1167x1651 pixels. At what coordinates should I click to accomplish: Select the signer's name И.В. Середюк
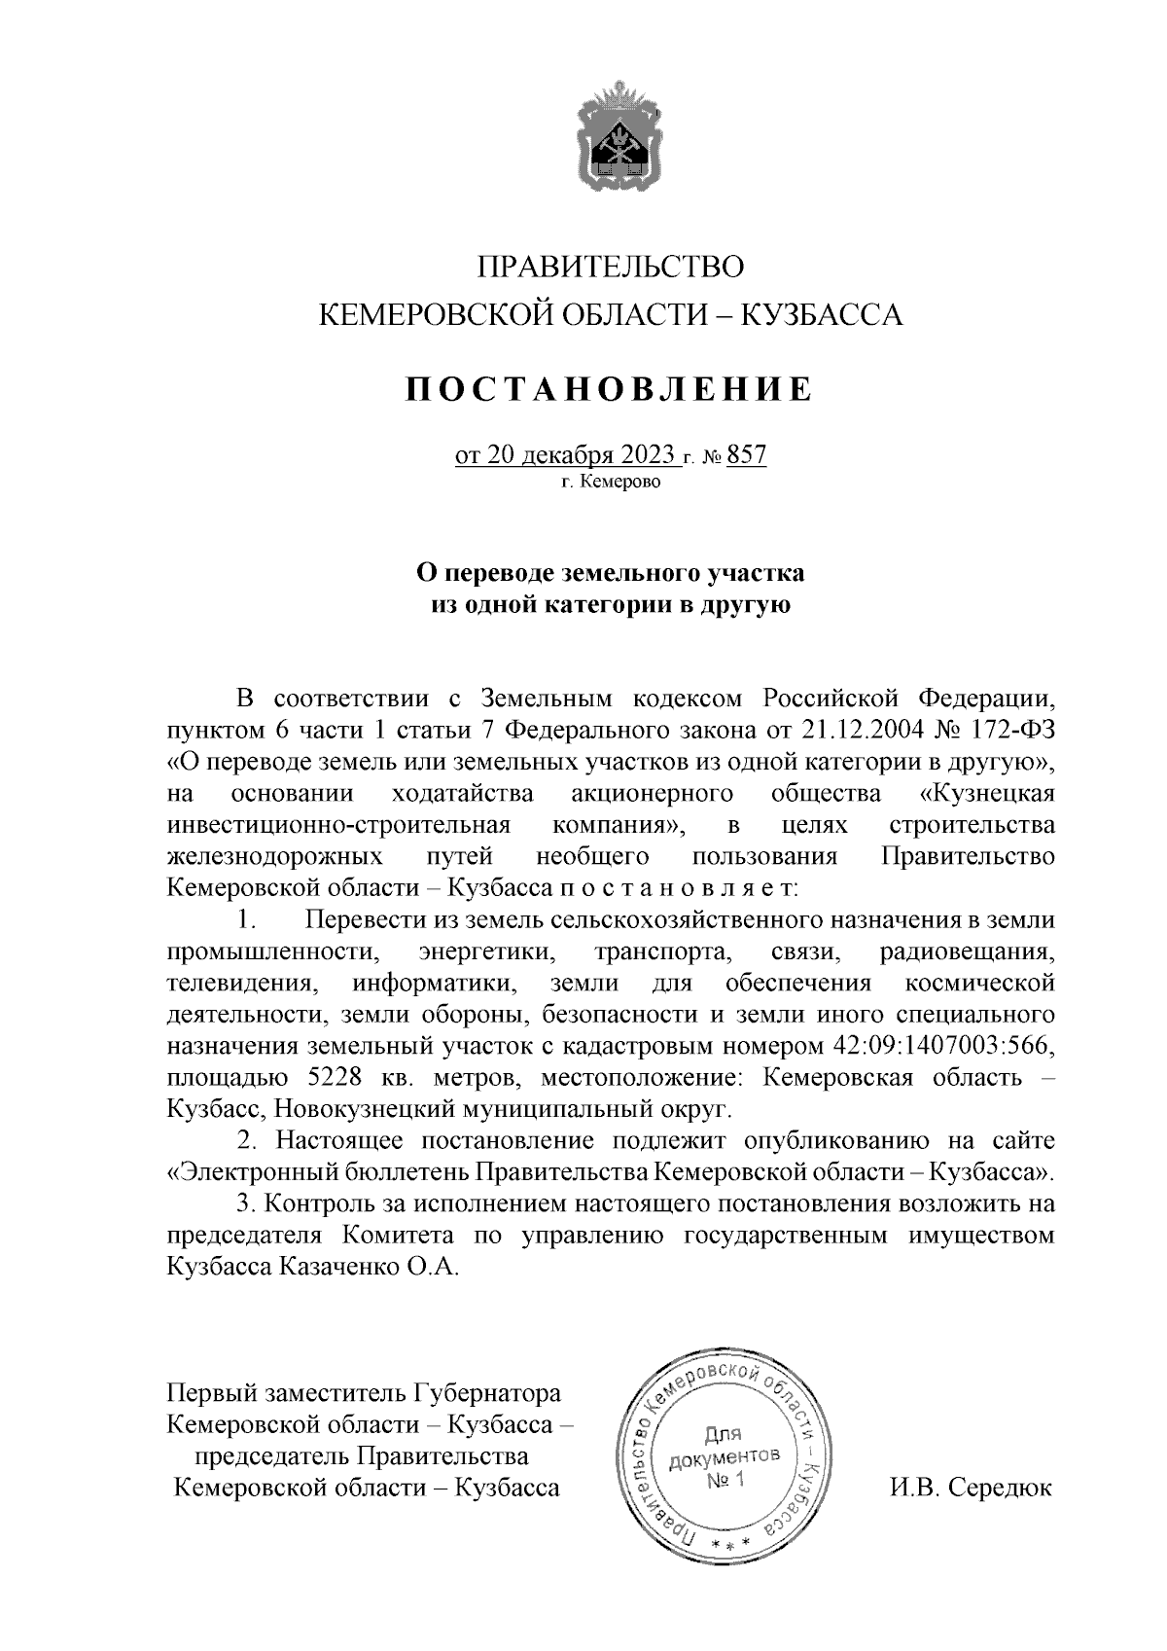pos(971,1489)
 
